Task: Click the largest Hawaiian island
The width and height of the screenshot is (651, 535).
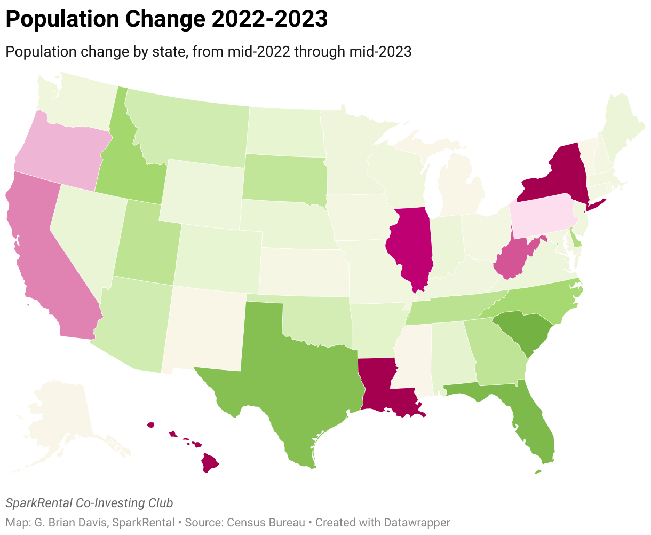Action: pos(210,462)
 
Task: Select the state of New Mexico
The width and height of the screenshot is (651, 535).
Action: pos(205,328)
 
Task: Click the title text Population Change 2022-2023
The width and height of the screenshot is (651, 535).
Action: pos(166,19)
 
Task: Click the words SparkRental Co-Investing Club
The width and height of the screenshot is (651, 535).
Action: pos(89,503)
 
